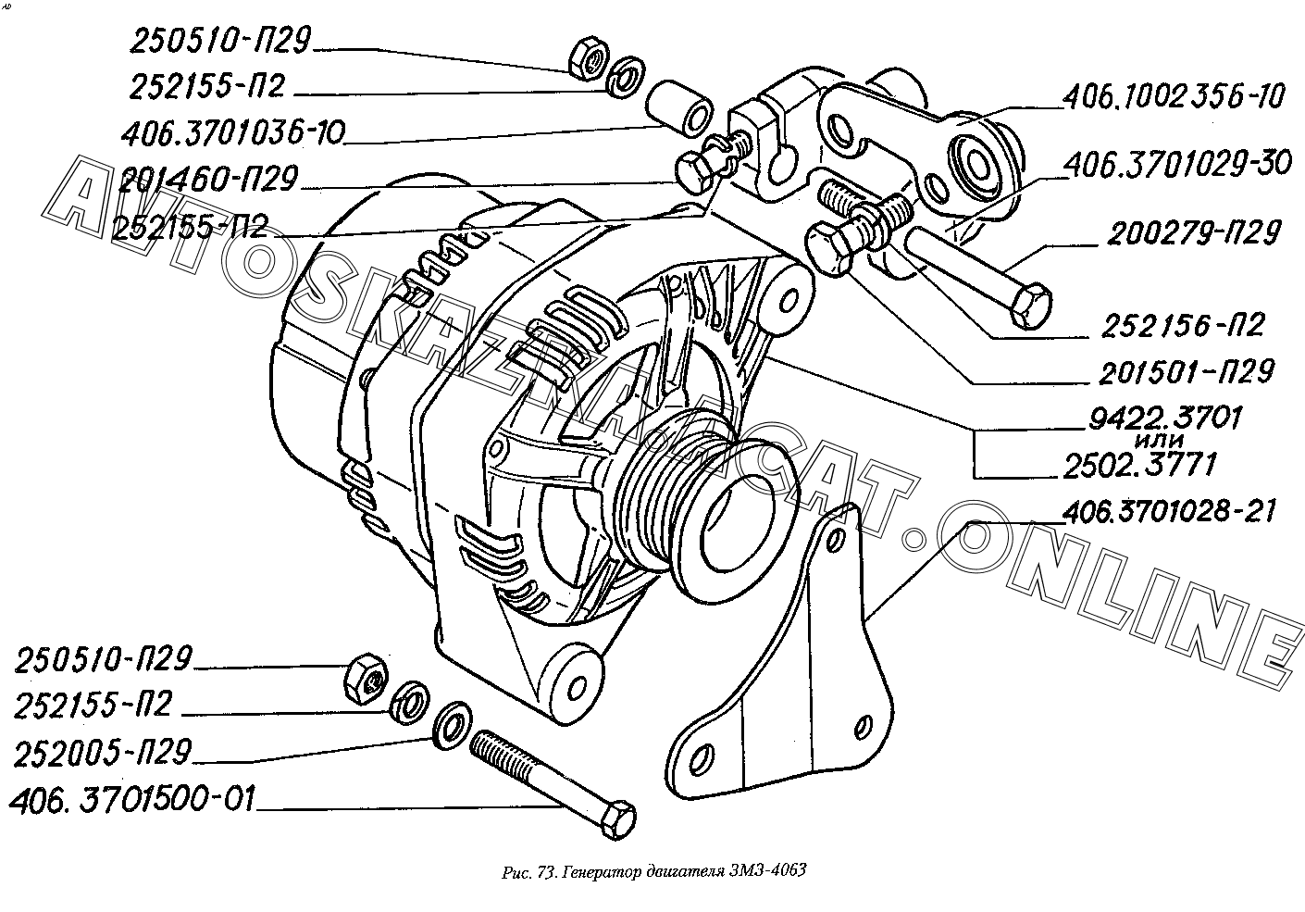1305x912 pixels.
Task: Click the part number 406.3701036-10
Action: (233, 134)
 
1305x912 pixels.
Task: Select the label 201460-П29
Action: (208, 179)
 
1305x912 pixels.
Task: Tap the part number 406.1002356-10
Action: (1174, 96)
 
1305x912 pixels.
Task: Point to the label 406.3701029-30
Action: (1178, 164)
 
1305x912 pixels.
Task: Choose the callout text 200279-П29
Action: (1194, 233)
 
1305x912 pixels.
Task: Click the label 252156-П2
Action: (1183, 325)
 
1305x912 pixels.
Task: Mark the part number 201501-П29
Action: (1187, 371)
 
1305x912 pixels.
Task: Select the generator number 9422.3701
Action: (1165, 418)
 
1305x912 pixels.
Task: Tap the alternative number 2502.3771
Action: (1140, 466)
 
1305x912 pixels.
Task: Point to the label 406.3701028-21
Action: (1169, 512)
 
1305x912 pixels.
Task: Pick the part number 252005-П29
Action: (103, 753)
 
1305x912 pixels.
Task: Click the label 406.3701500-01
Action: (133, 799)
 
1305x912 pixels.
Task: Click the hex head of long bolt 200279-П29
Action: (1031, 306)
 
